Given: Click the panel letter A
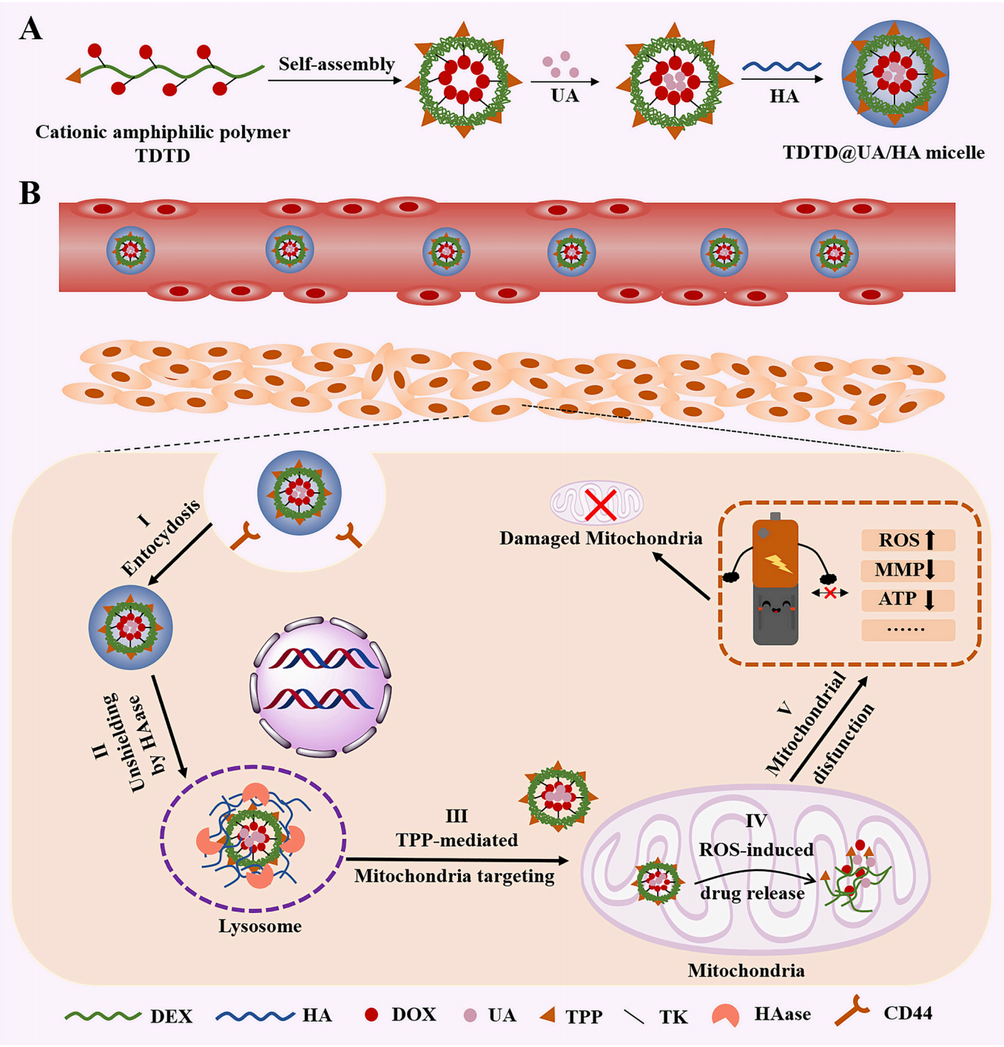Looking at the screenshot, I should [x=30, y=29].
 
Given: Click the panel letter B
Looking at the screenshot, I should [x=30, y=193].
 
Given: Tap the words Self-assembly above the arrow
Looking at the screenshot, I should [x=336, y=64].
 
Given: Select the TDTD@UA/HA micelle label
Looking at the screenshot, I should [x=883, y=153].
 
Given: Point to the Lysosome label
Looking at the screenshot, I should [x=260, y=926].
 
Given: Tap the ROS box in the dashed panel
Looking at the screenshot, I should [x=908, y=540].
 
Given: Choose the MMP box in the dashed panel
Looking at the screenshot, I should [x=908, y=570].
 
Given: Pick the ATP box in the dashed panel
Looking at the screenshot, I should [x=908, y=599].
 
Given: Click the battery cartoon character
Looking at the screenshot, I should [x=775, y=581].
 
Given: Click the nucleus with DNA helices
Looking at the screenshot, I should [x=321, y=687].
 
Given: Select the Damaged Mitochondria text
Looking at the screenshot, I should [x=600, y=539].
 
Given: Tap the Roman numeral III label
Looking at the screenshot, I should [x=456, y=816].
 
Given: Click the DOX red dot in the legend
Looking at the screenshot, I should [x=371, y=1014].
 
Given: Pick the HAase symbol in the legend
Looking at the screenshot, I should [x=726, y=1015].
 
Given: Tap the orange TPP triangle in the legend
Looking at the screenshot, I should [x=548, y=1014].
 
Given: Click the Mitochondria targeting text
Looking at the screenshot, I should [x=454, y=877].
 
